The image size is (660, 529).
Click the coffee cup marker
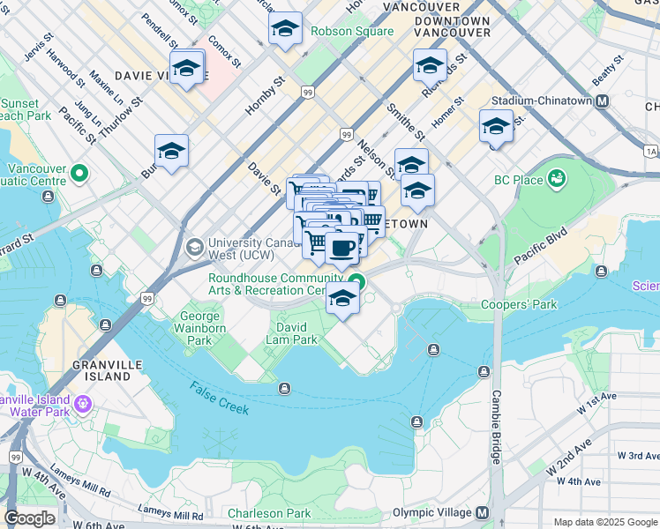point(342,247)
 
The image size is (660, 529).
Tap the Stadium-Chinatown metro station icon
point(603,101)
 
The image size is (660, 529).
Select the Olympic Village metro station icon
point(483,513)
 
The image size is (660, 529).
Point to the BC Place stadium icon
point(557,180)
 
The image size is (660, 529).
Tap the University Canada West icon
point(193,249)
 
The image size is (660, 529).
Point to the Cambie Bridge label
point(496,427)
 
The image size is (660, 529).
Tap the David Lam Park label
point(292,332)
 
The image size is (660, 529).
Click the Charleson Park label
point(269,513)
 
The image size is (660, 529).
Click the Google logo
point(29,518)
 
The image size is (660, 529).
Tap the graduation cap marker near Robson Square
point(285,31)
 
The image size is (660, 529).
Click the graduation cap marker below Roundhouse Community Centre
point(343,300)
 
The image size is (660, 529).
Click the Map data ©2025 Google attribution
point(604,522)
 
